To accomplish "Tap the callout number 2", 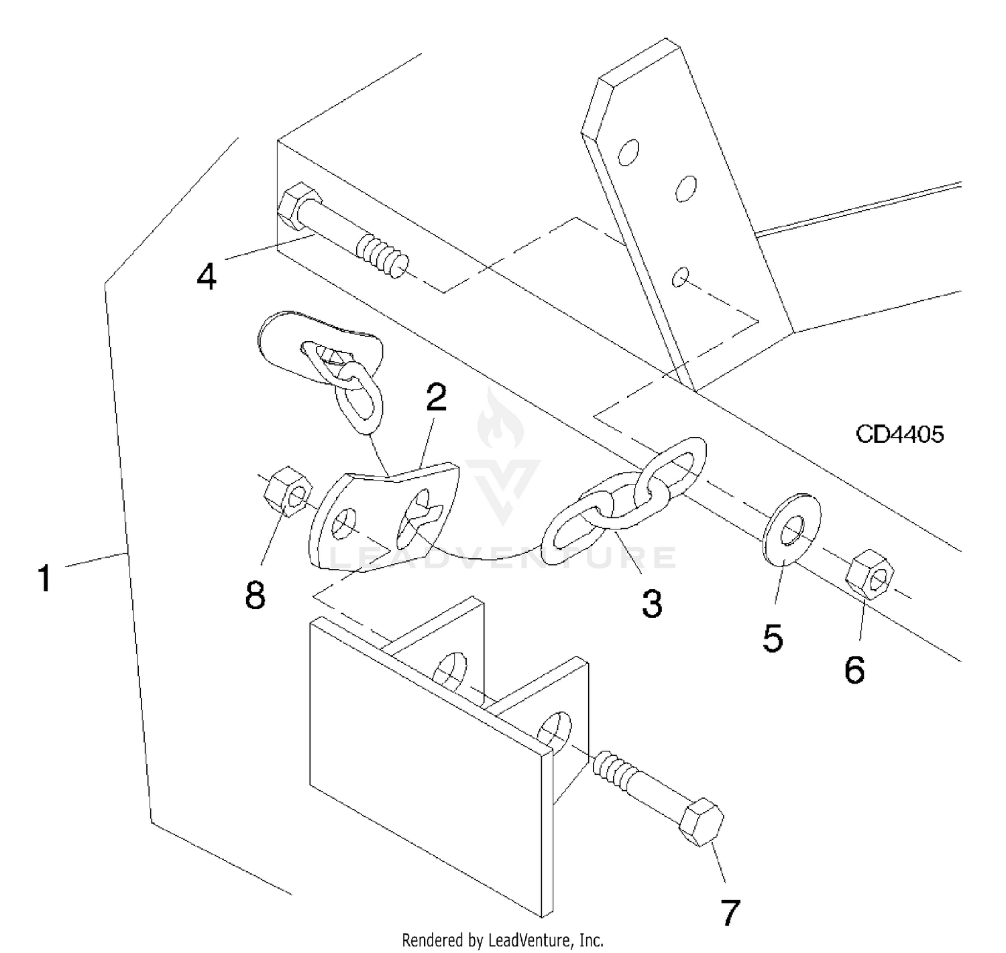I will [x=435, y=398].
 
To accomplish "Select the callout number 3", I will [x=651, y=603].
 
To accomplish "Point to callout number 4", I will [x=207, y=276].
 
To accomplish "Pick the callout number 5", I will [x=772, y=638].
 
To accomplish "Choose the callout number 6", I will [x=854, y=670].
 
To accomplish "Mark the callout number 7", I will [x=729, y=912].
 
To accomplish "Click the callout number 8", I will [x=255, y=595].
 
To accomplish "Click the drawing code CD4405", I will [x=899, y=434].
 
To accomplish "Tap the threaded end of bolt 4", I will [x=382, y=254].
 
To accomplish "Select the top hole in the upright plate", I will [x=629, y=152].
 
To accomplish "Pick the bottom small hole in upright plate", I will [x=680, y=276].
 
